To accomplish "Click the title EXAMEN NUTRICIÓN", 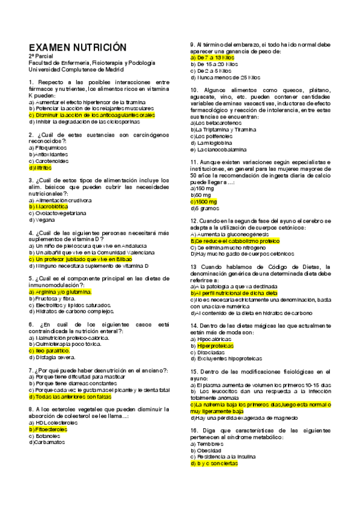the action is click(78, 47).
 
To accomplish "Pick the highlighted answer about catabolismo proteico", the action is click(235, 240).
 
